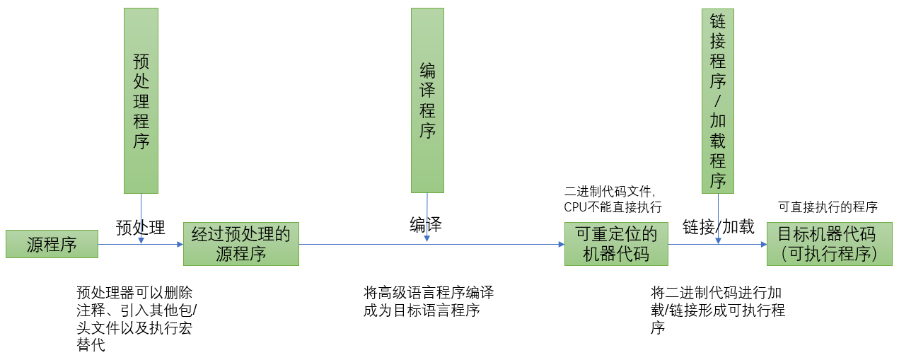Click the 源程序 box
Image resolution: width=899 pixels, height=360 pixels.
point(52,244)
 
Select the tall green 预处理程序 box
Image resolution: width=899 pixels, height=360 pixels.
point(141,100)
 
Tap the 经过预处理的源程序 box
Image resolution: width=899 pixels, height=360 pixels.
point(241,244)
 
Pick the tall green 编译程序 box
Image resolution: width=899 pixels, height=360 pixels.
point(427,100)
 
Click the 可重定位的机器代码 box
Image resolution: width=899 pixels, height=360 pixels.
point(616,244)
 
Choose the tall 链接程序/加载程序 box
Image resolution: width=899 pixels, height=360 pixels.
point(718,100)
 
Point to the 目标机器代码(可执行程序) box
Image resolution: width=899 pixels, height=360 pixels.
point(829,244)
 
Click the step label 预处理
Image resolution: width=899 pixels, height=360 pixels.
point(140,227)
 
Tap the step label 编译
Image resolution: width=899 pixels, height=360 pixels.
point(426,225)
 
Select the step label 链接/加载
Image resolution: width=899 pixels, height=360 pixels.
point(718,227)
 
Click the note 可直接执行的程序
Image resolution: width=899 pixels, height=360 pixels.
point(828,207)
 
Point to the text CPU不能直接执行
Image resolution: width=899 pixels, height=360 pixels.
point(613,207)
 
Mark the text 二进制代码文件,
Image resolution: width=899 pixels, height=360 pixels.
point(610,191)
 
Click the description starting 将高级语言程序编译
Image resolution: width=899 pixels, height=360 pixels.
point(429,301)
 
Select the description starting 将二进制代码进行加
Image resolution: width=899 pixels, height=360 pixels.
point(717,310)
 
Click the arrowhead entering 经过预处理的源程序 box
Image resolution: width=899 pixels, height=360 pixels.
point(179,244)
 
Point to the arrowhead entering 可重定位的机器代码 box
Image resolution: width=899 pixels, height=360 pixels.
point(560,244)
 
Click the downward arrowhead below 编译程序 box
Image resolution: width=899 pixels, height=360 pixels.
point(427,239)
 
